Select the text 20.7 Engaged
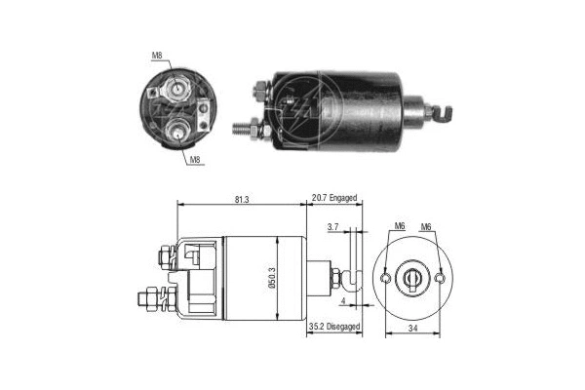tap(334, 198)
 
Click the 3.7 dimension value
tap(332, 227)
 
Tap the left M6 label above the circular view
tap(399, 228)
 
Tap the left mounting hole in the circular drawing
tap(388, 279)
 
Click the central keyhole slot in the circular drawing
tap(414, 279)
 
